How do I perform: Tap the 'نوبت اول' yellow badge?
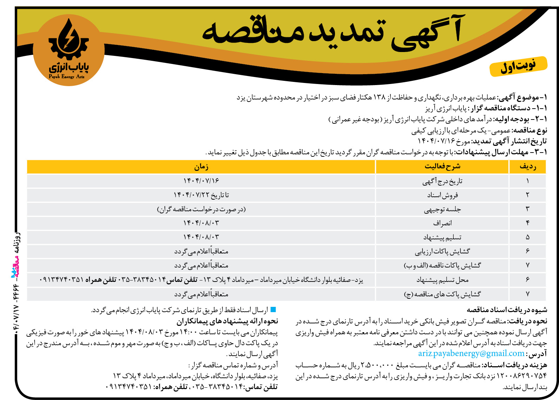pyautogui.click(x=518, y=66)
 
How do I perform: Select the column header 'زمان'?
pyautogui.click(x=201, y=167)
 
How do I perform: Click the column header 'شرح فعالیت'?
pyautogui.click(x=442, y=167)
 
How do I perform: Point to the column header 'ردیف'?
pyautogui.click(x=527, y=167)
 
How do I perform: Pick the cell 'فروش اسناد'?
pyautogui.click(x=442, y=195)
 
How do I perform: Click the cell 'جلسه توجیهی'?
pyautogui.click(x=442, y=209)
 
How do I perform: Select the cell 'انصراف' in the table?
pyautogui.click(x=442, y=223)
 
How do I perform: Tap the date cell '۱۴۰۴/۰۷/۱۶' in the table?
pyautogui.click(x=201, y=181)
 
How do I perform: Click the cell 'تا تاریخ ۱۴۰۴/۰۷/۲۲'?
pyautogui.click(x=201, y=195)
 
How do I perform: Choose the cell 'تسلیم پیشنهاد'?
pyautogui.click(x=442, y=238)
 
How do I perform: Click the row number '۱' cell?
pyautogui.click(x=527, y=181)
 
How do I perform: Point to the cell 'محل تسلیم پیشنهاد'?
pyautogui.click(x=442, y=280)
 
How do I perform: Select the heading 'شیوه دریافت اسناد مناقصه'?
pyautogui.click(x=507, y=310)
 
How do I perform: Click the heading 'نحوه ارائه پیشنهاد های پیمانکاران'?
pyautogui.click(x=227, y=321)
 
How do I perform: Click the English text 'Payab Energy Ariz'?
pyautogui.click(x=67, y=77)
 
